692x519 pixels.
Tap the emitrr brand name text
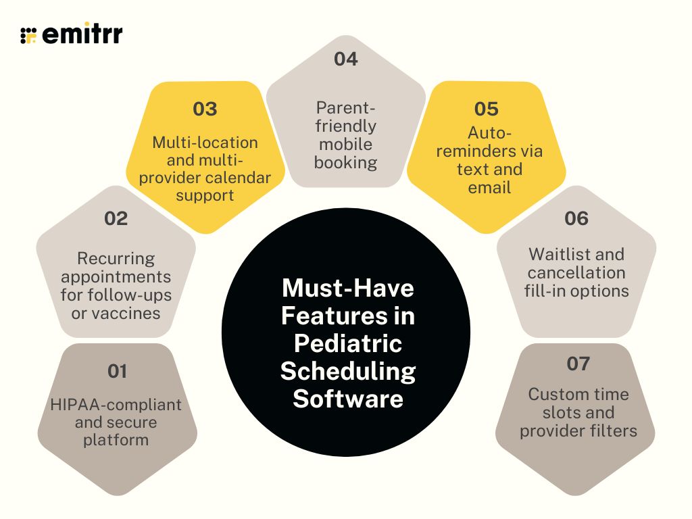(x=82, y=34)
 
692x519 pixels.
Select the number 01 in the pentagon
(x=117, y=371)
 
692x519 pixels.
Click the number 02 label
(x=116, y=218)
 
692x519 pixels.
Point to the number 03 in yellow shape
(x=205, y=109)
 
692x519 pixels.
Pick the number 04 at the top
(x=345, y=59)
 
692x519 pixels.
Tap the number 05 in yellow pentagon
(x=487, y=109)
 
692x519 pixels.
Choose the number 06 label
(x=576, y=218)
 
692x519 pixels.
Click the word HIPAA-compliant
(x=116, y=405)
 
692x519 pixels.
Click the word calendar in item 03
(x=240, y=178)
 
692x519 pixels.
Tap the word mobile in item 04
(x=345, y=144)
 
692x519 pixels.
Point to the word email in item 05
(x=489, y=187)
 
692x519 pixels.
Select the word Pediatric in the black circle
(x=348, y=343)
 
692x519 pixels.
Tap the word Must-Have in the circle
(x=347, y=289)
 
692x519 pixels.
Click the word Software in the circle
(x=347, y=398)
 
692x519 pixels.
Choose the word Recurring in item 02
(x=116, y=259)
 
